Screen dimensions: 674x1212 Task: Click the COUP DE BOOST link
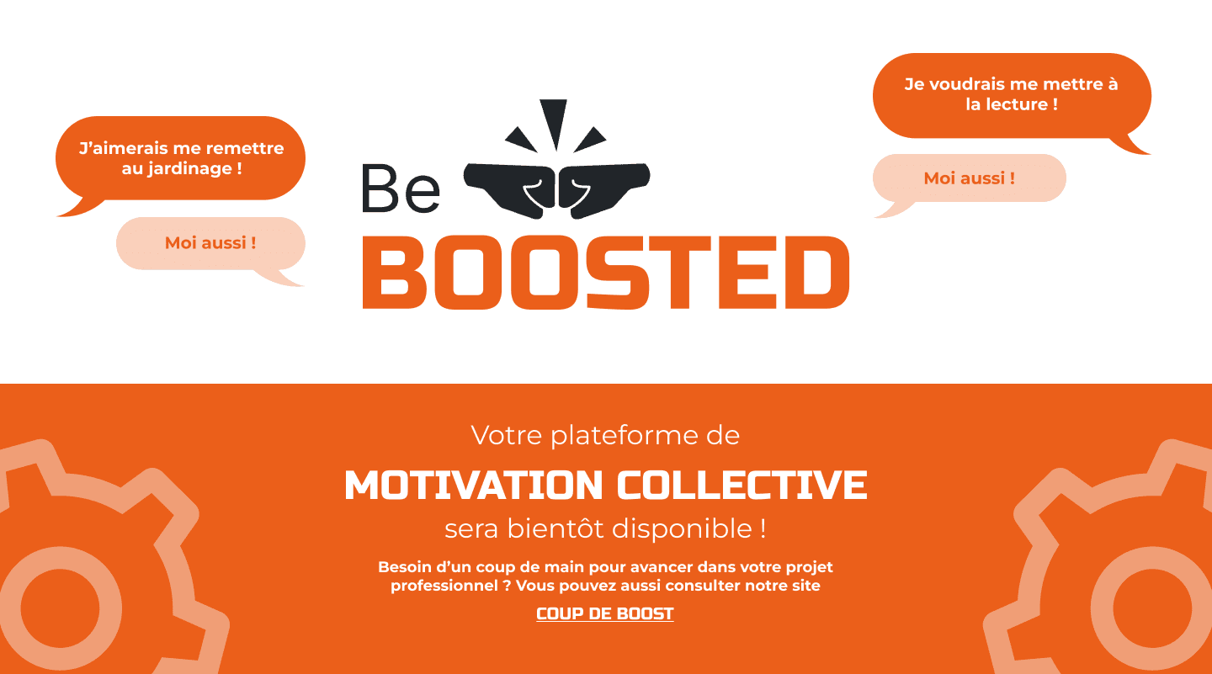[605, 613]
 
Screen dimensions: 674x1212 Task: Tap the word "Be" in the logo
[401, 188]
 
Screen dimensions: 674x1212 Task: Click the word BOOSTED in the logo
[605, 272]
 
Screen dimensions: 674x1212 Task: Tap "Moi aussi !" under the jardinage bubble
[210, 243]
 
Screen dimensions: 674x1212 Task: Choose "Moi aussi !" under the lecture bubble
[969, 178]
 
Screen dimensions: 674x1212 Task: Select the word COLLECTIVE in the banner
[742, 485]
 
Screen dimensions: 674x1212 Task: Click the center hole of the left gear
[60, 608]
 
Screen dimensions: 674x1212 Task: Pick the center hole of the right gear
[1151, 608]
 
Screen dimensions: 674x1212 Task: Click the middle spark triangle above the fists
[554, 120]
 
